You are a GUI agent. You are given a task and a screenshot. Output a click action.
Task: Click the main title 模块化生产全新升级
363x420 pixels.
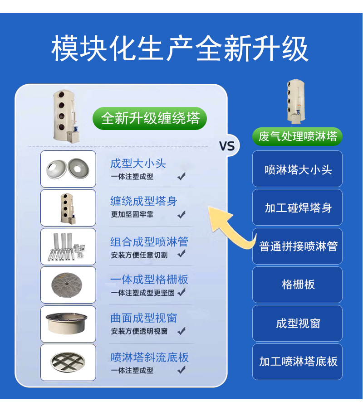180,48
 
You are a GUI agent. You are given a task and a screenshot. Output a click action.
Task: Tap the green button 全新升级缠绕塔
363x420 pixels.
150,118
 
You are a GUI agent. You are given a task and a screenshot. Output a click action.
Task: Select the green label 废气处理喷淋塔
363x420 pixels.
297,136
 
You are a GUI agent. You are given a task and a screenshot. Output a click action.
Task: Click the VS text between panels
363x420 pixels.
227,146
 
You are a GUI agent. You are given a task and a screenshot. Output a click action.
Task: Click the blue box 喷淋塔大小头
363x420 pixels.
297,169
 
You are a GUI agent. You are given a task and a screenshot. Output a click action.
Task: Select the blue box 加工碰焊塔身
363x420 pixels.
297,208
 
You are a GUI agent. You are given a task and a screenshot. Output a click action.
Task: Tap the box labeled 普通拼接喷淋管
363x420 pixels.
297,246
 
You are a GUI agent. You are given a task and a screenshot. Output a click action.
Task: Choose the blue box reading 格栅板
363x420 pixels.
297,285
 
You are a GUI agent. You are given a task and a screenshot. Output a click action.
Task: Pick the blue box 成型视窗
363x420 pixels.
297,323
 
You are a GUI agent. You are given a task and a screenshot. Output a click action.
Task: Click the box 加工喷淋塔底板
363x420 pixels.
297,362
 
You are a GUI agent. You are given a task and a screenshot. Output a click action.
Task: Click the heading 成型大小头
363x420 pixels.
138,164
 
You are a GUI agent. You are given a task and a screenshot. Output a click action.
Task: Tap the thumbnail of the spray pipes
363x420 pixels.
68,246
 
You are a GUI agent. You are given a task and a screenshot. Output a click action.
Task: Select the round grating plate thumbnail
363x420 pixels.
68,285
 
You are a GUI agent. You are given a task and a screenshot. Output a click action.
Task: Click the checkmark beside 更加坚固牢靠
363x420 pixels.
181,214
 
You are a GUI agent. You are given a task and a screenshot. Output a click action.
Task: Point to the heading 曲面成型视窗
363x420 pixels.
143,319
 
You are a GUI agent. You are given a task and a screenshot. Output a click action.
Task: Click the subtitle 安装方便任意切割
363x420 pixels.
139,255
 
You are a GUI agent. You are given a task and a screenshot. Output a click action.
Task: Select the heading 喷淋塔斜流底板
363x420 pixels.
149,357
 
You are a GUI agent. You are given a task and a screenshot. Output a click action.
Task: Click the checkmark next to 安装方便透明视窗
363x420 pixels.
181,331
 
